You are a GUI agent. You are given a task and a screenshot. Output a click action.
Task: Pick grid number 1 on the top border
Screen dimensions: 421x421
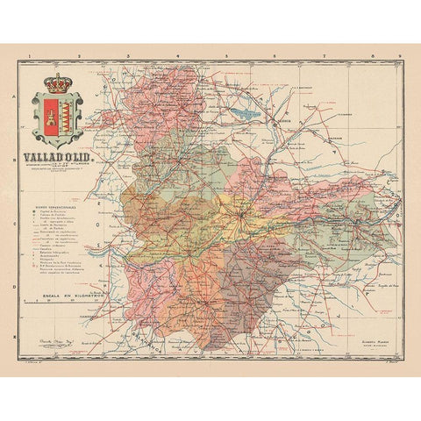30,57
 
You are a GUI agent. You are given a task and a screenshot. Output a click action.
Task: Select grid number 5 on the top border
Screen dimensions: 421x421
225,57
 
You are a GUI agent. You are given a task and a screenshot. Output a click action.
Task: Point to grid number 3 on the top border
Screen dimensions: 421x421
128,57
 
